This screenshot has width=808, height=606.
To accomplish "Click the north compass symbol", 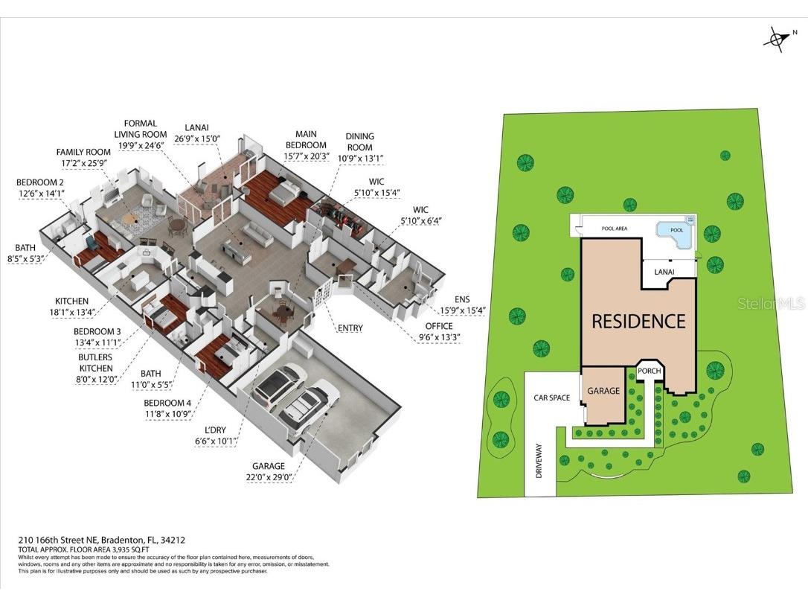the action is point(777,40).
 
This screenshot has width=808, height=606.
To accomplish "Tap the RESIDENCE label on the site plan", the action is point(638,322).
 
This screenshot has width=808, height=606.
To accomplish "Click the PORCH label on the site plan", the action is point(650,371).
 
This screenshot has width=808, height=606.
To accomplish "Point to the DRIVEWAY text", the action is point(539,461).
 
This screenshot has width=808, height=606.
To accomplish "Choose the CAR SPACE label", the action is point(551,398).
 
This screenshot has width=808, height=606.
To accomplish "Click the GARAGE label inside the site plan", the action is point(603,391).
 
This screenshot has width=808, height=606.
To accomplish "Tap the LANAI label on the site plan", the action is point(664,272).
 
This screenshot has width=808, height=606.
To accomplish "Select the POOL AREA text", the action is point(615,229).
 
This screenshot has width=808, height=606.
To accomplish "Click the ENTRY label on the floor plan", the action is point(350,328).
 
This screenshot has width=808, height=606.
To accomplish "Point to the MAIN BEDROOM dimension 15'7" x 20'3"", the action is point(306,156).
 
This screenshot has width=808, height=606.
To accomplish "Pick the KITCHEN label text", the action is point(71,301).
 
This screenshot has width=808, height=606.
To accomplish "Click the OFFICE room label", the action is point(439,326).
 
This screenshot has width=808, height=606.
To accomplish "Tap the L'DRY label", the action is point(216,430).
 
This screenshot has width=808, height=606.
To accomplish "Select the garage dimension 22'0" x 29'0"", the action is point(269,477).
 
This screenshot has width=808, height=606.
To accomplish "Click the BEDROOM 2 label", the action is point(40,182).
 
